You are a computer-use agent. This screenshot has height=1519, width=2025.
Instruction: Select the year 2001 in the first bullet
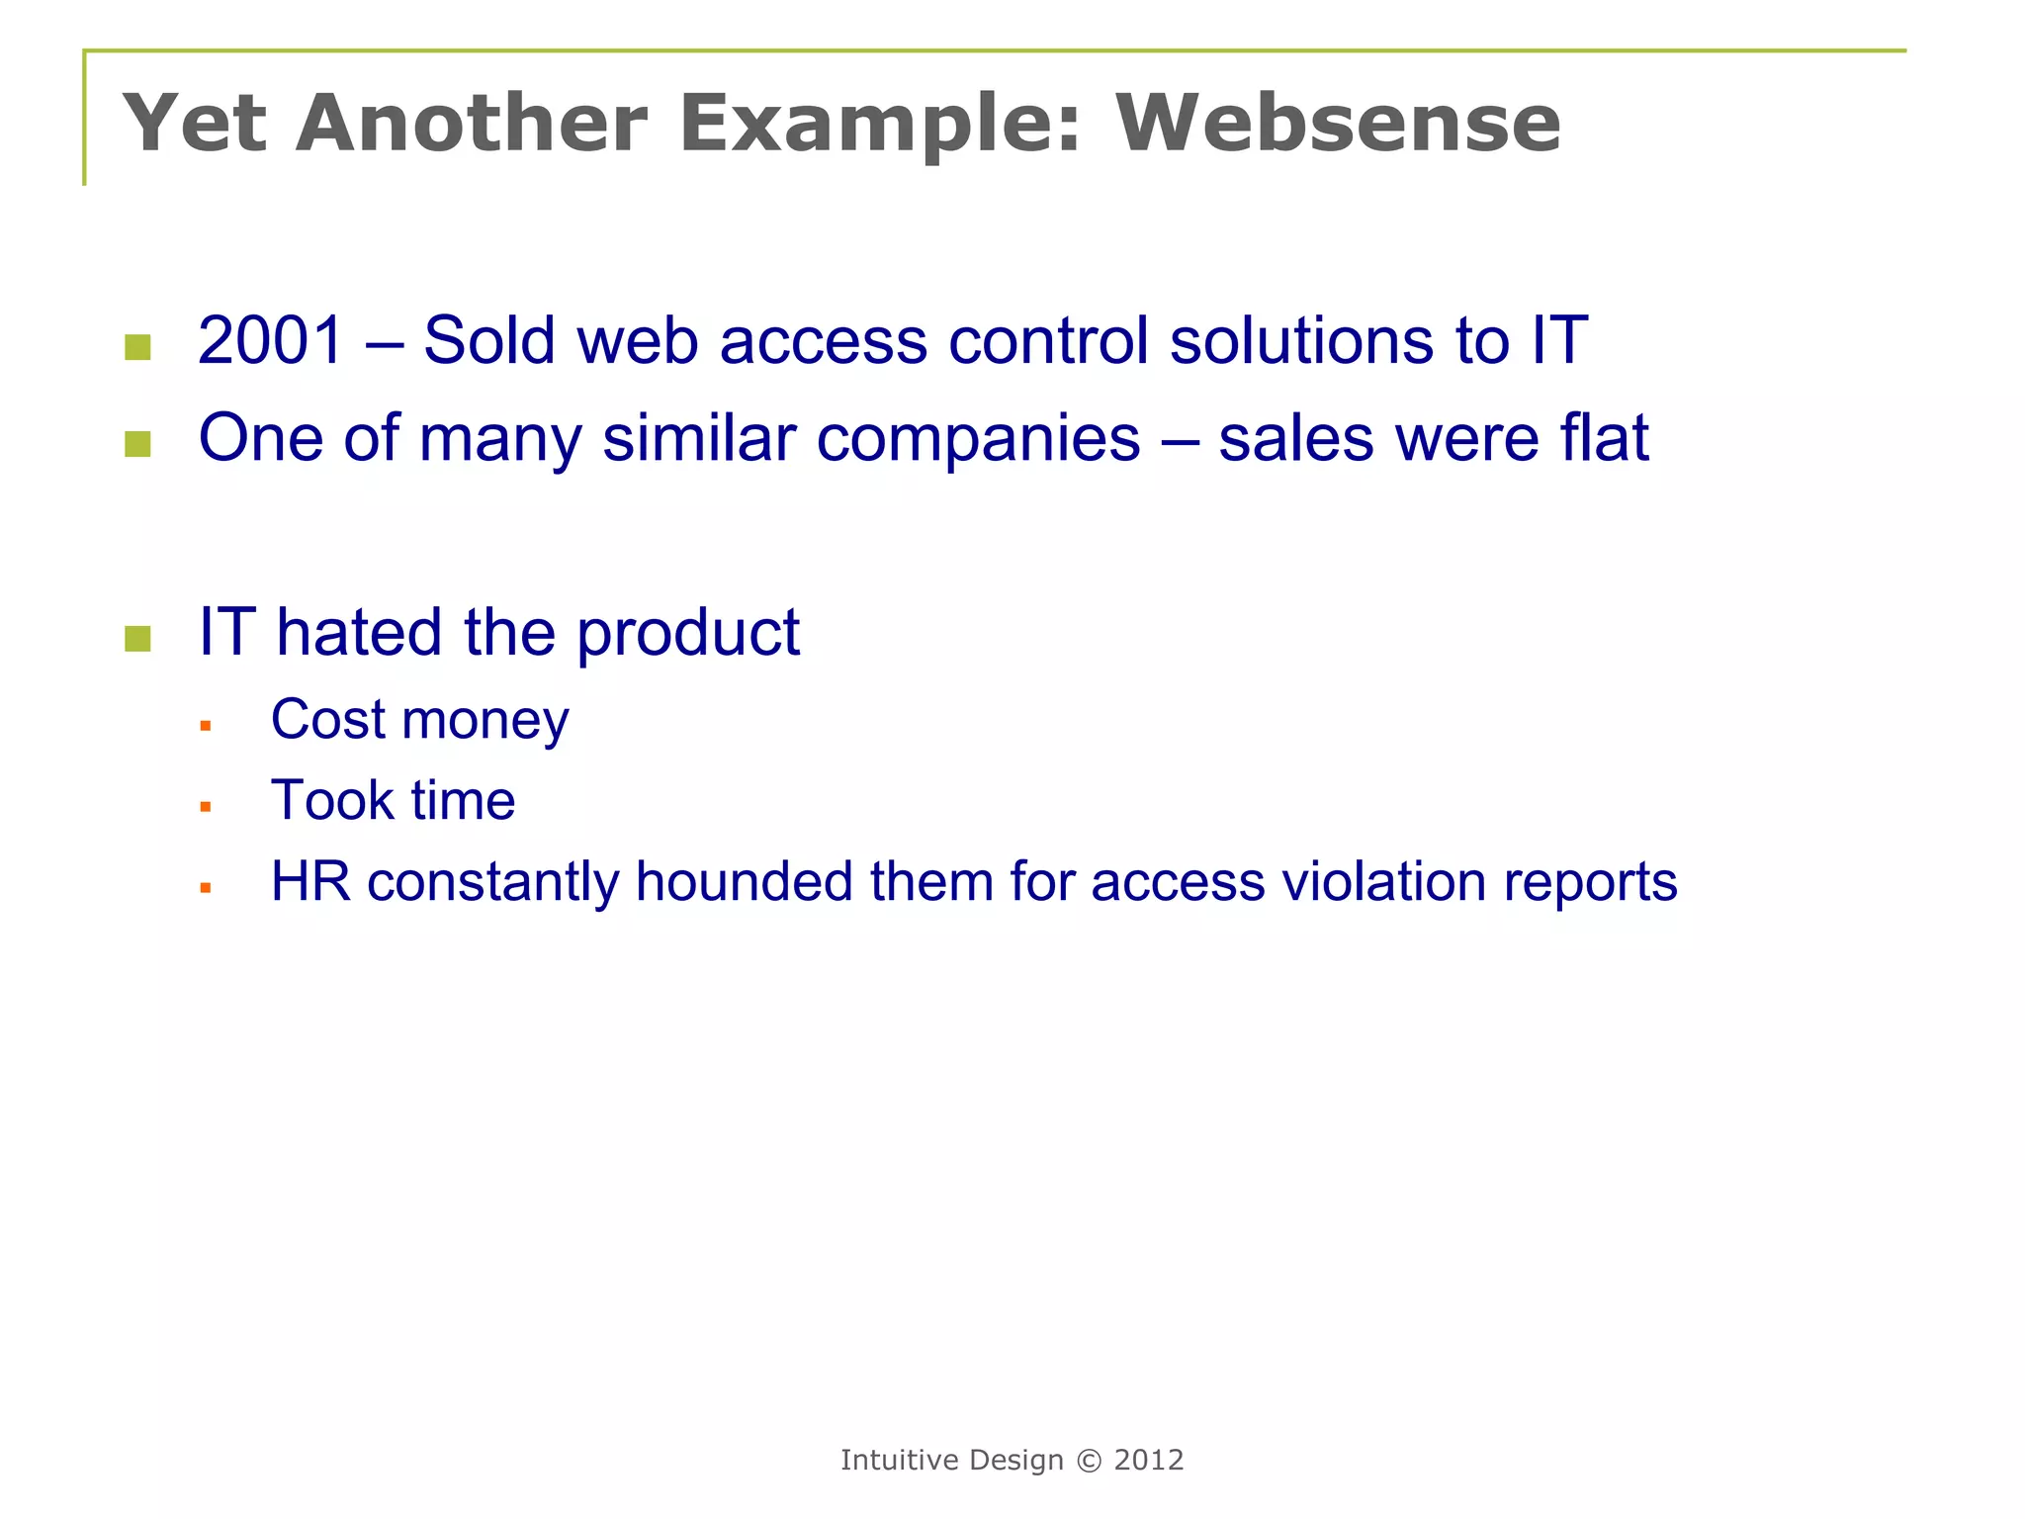(x=270, y=340)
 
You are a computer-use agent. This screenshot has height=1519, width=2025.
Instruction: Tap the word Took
(x=331, y=800)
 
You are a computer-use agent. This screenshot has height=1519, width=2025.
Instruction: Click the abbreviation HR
(x=310, y=881)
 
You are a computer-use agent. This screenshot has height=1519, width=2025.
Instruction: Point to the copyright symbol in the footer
(x=1089, y=1461)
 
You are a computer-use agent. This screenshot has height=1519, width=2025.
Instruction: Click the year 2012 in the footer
(x=1149, y=1461)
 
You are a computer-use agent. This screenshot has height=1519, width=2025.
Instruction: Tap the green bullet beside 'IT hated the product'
(x=138, y=639)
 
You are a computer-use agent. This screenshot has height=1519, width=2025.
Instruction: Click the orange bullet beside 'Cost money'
(x=206, y=726)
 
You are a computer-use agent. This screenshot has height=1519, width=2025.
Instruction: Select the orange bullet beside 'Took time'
(x=206, y=807)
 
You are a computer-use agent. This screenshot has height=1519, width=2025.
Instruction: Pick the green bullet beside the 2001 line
(x=138, y=347)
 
